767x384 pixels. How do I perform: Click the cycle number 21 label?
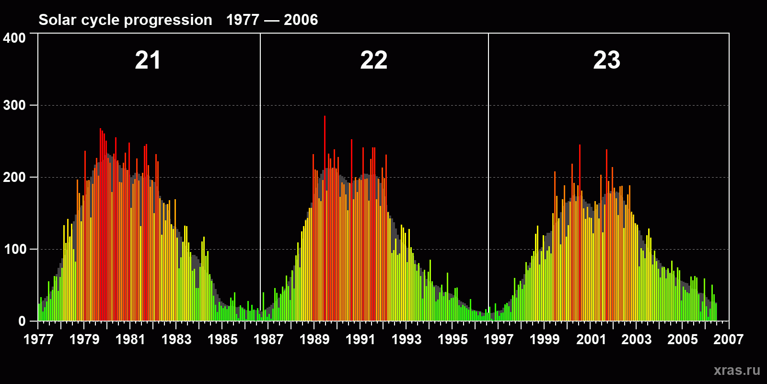(x=148, y=60)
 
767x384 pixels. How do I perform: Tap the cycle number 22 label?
(x=374, y=60)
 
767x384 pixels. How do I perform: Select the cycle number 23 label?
(x=606, y=60)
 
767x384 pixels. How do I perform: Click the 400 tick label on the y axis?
(x=14, y=38)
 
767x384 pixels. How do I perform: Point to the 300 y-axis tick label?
(x=14, y=105)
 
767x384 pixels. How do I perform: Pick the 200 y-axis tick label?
(x=14, y=177)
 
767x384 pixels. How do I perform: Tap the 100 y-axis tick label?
(x=14, y=249)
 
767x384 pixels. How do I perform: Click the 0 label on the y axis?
(x=22, y=321)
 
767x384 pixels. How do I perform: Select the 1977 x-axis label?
(x=38, y=339)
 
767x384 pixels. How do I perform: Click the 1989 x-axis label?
(x=314, y=339)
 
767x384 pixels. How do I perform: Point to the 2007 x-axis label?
(x=728, y=339)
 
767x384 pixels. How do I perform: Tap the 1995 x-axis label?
(x=453, y=339)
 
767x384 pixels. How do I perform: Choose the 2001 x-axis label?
(x=591, y=339)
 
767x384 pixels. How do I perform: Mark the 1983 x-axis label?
(x=176, y=339)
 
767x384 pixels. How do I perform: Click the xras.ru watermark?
(x=737, y=370)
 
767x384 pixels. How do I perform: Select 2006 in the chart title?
(x=301, y=20)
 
